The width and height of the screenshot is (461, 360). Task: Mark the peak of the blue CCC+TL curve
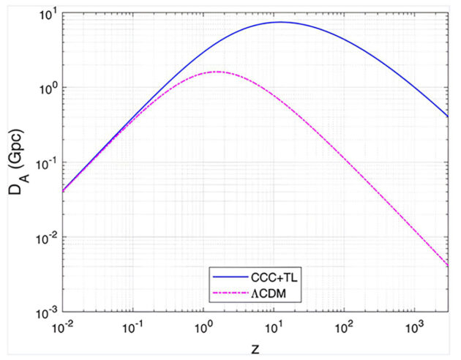[x=281, y=22]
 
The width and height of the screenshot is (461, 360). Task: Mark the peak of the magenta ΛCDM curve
[x=217, y=72]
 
